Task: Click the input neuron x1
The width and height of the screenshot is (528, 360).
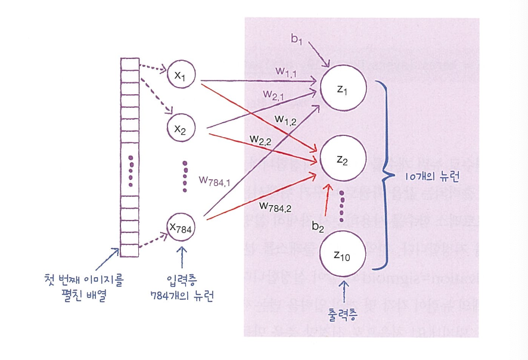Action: click(x=181, y=75)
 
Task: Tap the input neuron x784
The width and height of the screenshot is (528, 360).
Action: click(x=182, y=227)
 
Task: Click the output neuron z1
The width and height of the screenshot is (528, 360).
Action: click(x=342, y=89)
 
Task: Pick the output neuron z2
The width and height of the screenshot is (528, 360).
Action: click(x=342, y=160)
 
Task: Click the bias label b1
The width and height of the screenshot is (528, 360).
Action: click(x=297, y=39)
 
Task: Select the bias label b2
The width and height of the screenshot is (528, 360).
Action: click(x=319, y=227)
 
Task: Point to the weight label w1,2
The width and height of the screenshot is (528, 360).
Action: click(x=286, y=119)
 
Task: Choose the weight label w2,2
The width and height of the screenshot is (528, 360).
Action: click(x=261, y=141)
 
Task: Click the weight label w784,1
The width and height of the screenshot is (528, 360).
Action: click(x=215, y=181)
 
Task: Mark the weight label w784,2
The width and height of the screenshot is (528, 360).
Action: click(x=275, y=206)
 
